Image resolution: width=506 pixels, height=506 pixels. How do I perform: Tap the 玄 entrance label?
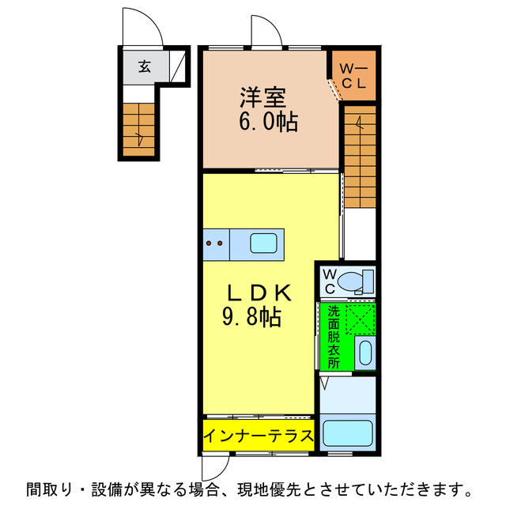point(145,66)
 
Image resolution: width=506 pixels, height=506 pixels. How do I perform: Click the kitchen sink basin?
point(262,243)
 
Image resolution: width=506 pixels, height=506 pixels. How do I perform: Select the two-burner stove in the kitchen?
point(213,244)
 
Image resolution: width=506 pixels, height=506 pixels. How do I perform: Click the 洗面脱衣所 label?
point(334,337)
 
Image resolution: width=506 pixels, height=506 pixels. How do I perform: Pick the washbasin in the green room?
point(364,353)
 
